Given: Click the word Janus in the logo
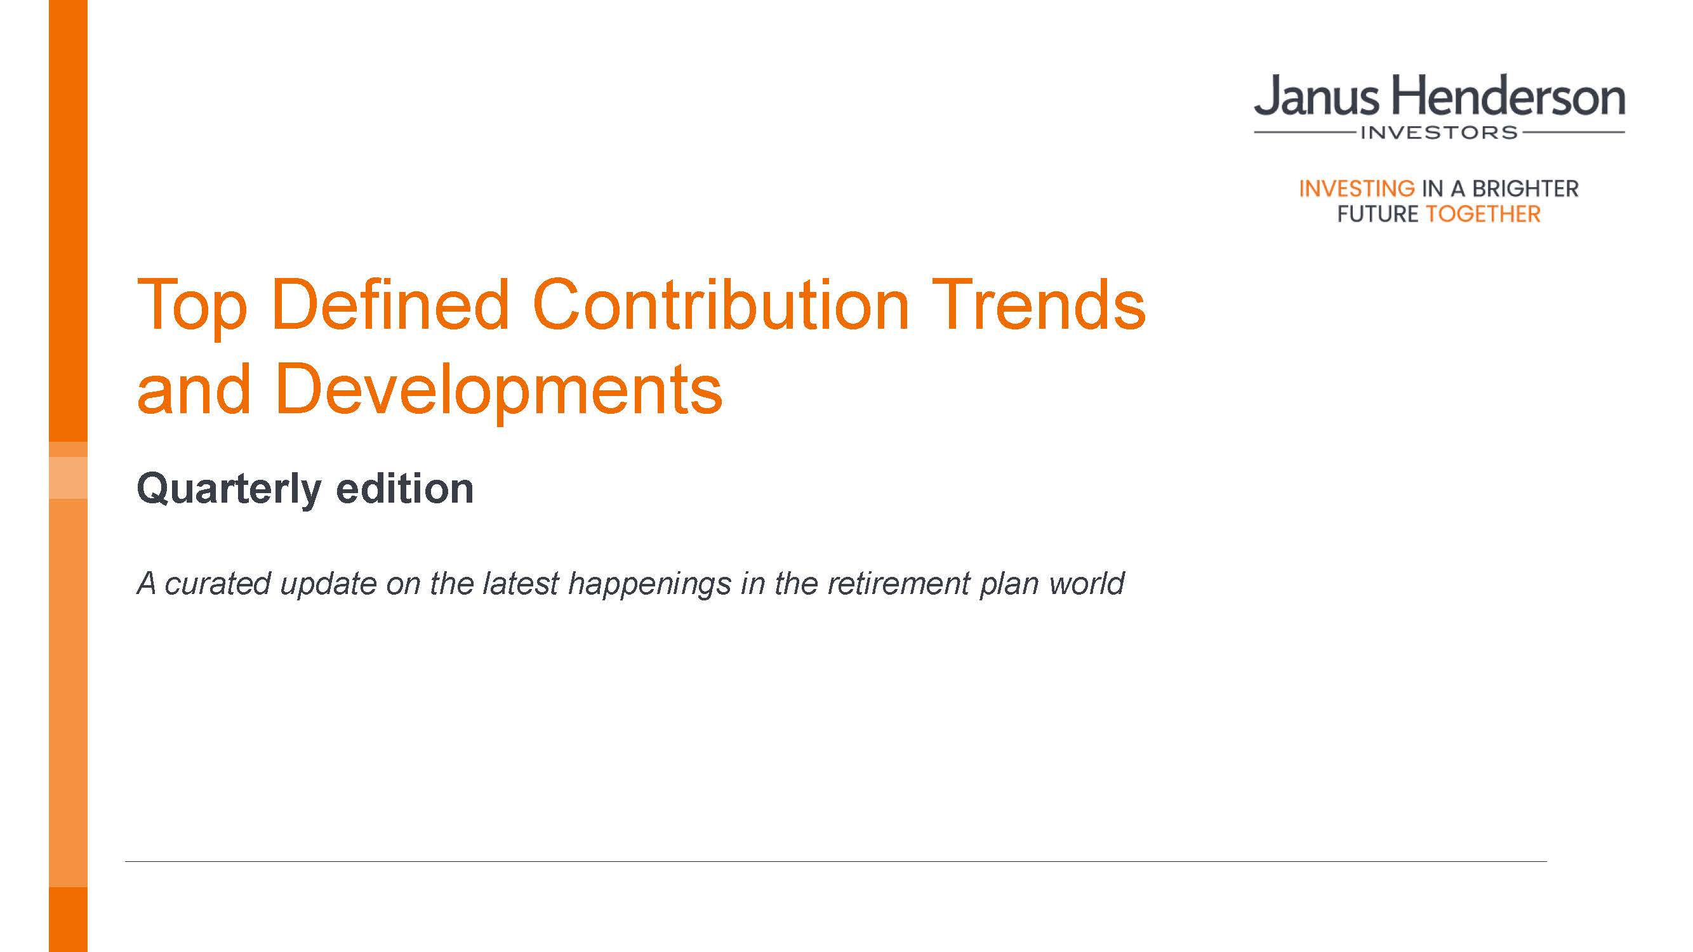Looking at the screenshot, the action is tap(1317, 96).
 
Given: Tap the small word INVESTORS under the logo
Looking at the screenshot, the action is tap(1438, 133).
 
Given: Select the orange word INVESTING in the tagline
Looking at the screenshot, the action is tap(1357, 188).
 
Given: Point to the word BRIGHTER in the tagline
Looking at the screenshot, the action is tap(1525, 188).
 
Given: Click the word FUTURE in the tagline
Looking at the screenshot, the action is tap(1378, 213).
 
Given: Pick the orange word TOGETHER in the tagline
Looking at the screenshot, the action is tap(1483, 213).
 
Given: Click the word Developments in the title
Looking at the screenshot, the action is tap(500, 392).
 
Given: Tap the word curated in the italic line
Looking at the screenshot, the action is tap(218, 583).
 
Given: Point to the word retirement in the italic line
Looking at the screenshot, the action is tap(898, 583).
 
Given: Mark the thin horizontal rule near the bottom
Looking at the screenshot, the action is tap(836, 861).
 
